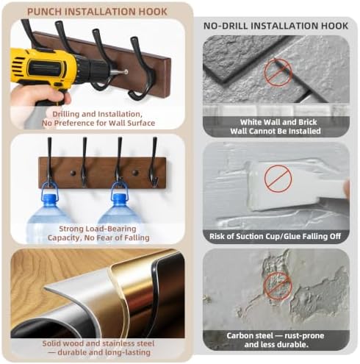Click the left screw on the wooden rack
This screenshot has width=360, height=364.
coord(73,173)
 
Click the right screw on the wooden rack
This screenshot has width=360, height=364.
coord(134,173)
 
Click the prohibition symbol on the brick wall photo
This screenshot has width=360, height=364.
coord(278,72)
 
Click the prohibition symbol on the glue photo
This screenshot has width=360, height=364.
coord(278,179)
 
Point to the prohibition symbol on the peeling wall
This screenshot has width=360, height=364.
coord(278,285)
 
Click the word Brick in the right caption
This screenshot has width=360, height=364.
coord(308,122)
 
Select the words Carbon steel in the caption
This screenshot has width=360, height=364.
coord(250,335)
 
